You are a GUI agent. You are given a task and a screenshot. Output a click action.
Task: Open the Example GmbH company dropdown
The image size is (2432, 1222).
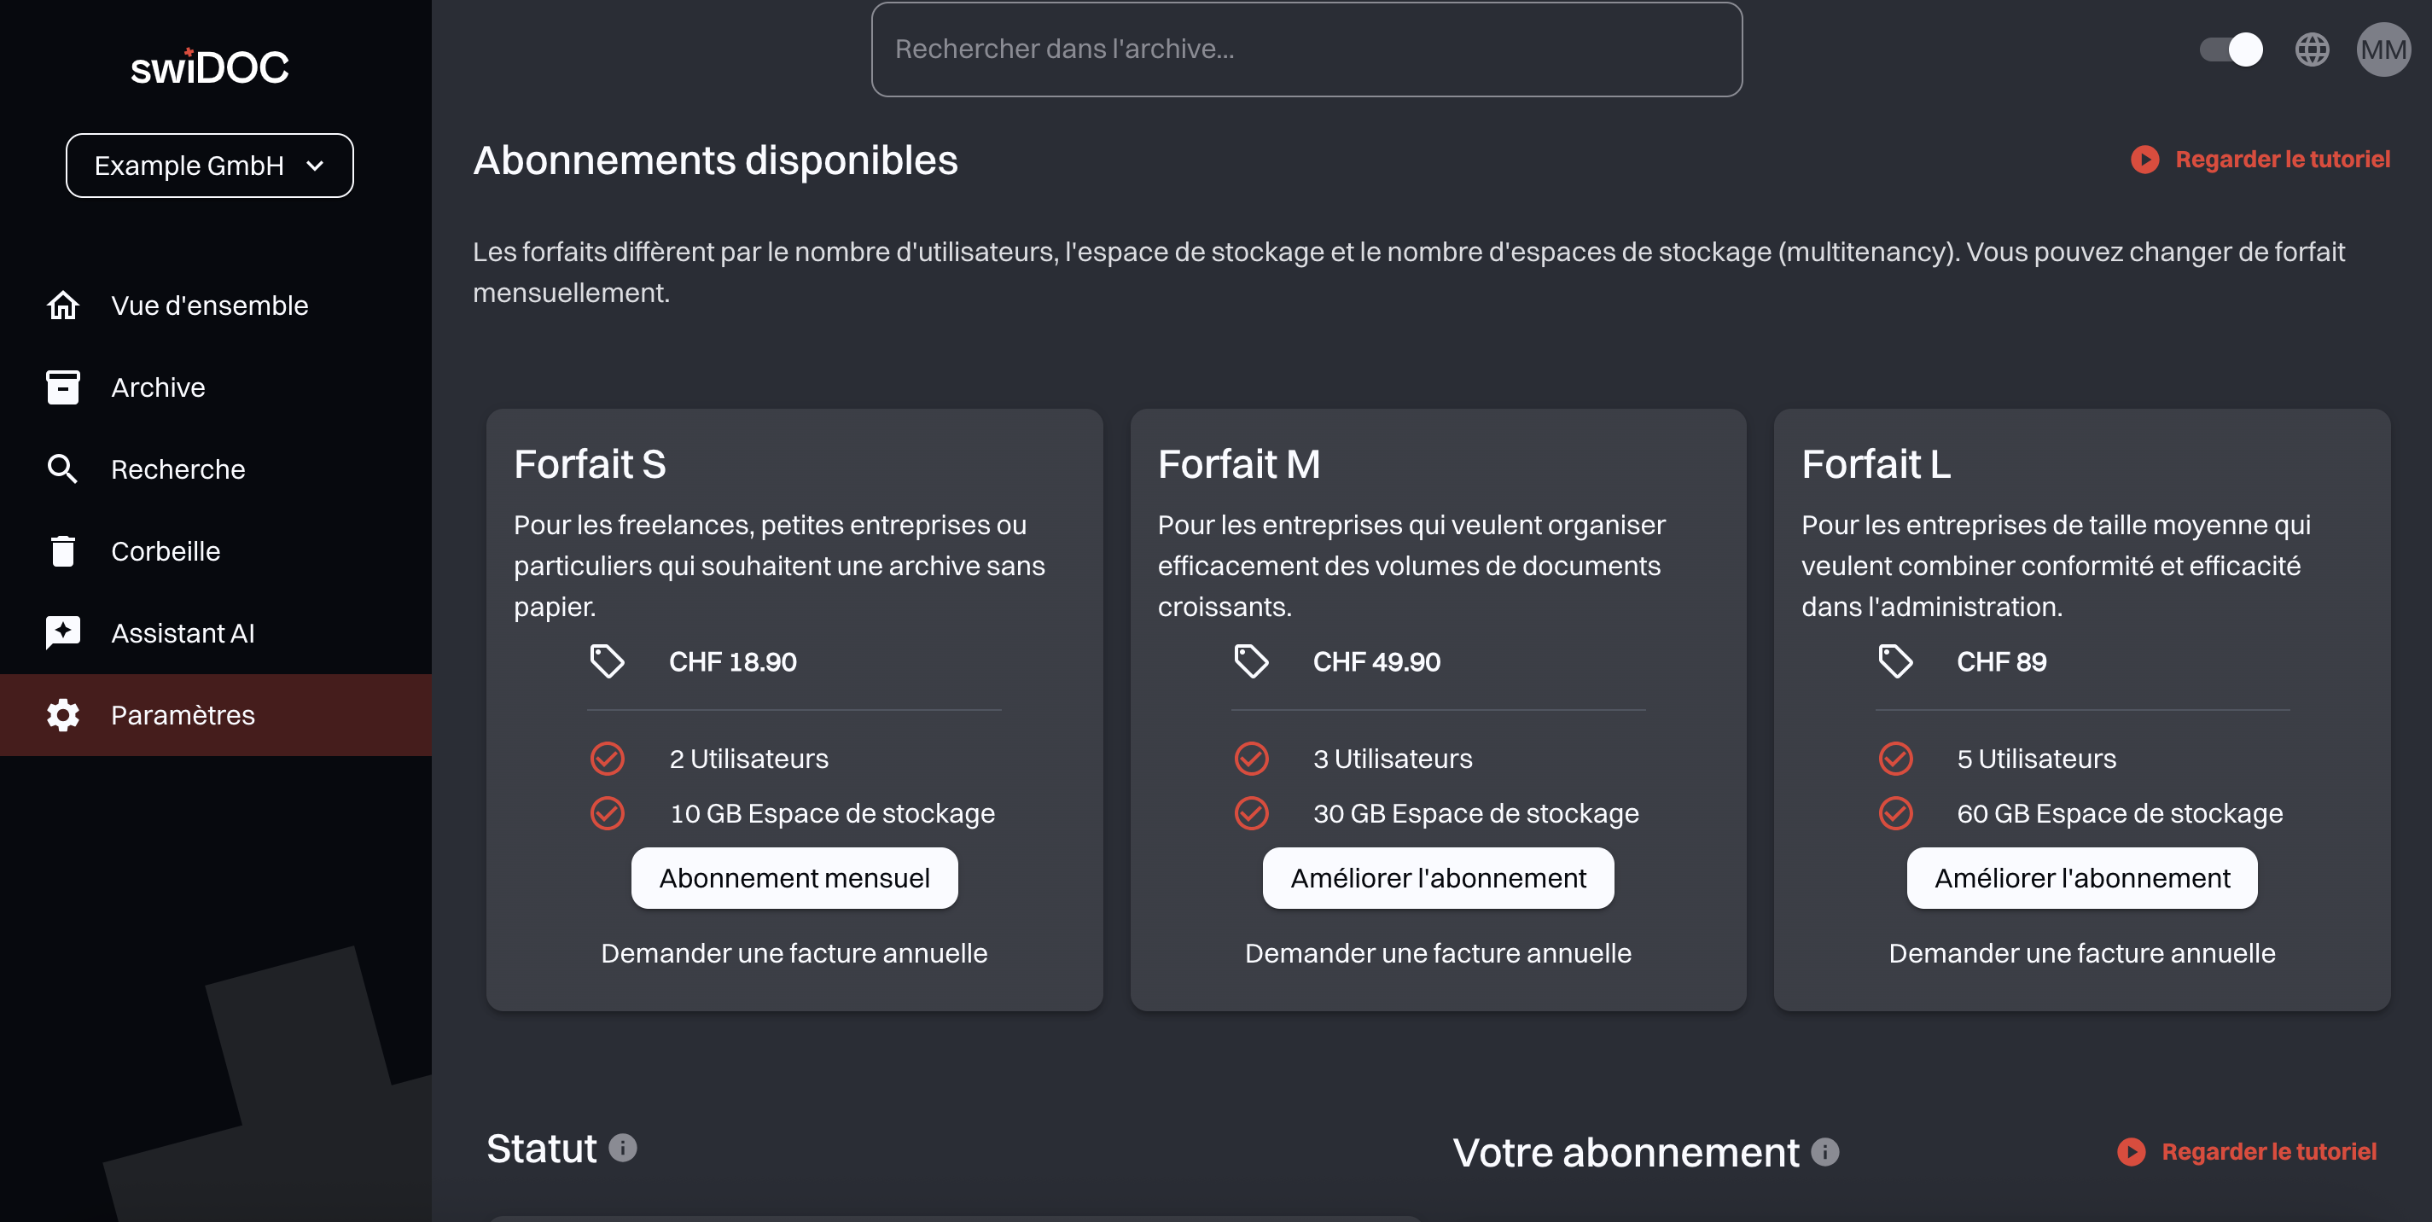(210, 166)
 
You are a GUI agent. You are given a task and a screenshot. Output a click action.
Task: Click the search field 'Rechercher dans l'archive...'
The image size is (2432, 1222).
(1306, 49)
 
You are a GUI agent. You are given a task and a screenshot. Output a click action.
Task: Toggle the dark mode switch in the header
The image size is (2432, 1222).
(2231, 49)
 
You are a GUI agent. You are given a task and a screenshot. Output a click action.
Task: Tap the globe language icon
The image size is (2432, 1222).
(2312, 49)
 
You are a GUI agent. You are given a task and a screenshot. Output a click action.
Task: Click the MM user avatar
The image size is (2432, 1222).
(2383, 49)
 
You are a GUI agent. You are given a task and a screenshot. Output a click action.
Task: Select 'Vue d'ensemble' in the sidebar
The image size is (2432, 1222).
(210, 305)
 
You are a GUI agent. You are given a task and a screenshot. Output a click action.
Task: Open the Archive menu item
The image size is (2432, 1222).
(158, 387)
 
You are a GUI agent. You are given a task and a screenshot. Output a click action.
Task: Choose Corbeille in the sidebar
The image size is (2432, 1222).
(166, 550)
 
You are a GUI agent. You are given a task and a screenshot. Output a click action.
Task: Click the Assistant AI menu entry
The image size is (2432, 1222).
(183, 632)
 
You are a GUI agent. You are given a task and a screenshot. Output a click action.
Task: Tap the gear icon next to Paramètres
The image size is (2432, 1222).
(63, 715)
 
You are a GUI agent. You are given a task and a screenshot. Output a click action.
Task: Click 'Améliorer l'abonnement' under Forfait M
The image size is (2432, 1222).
(1438, 878)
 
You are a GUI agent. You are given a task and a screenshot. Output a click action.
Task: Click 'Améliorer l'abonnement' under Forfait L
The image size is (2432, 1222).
(2082, 878)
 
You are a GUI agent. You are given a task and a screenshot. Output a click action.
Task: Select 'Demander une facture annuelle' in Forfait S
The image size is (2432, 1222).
(794, 953)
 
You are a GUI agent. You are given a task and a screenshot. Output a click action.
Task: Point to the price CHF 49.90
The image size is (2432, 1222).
(1376, 662)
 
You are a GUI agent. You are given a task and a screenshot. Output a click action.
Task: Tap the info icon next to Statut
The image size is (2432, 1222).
(623, 1148)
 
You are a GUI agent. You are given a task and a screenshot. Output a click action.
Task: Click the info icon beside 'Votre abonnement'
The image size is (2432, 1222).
(1825, 1152)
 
